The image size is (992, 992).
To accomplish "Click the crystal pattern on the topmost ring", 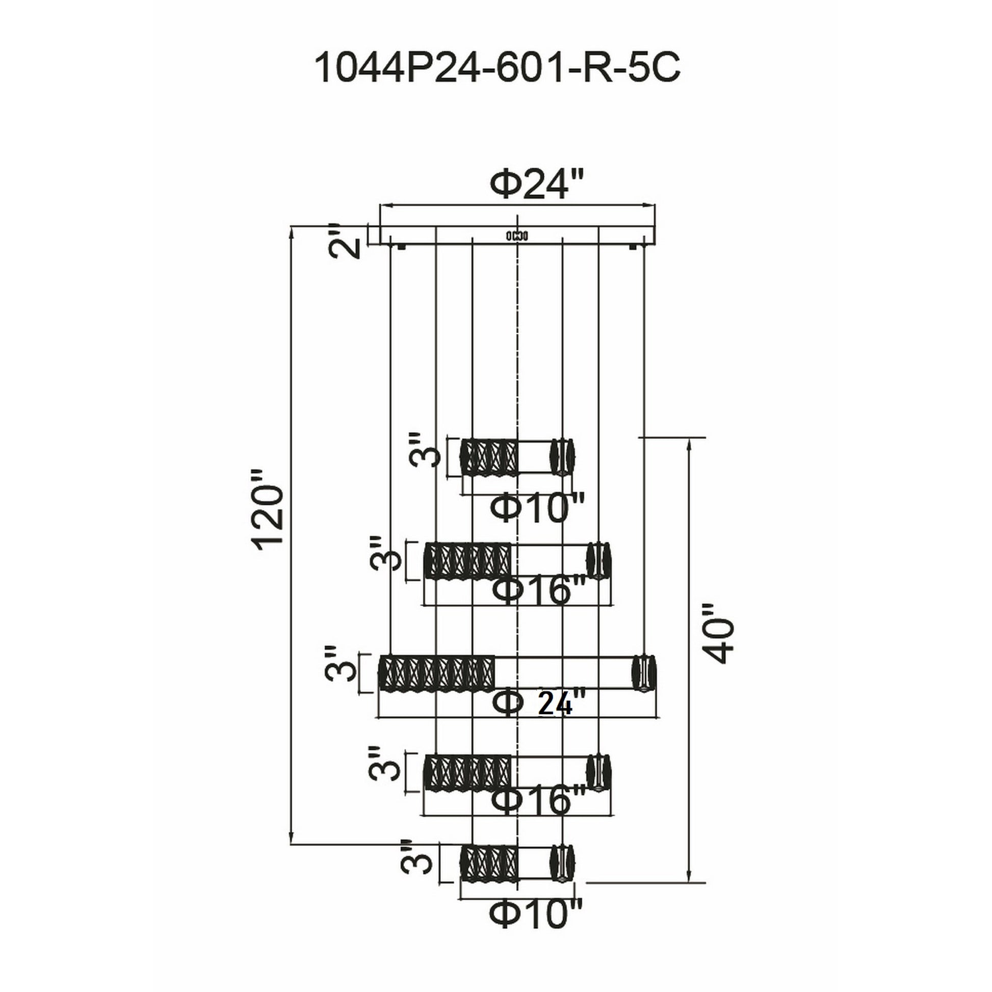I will pyautogui.click(x=489, y=456).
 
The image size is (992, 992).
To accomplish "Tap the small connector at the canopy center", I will pyautogui.click(x=517, y=236).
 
